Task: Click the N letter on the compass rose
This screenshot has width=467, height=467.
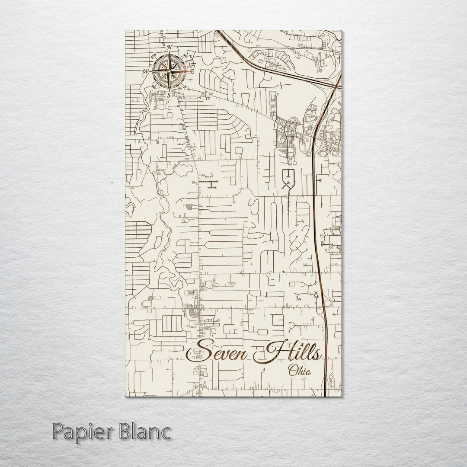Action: (x=170, y=47)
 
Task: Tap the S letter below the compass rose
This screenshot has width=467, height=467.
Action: (x=169, y=94)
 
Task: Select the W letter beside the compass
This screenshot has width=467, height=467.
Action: (x=146, y=72)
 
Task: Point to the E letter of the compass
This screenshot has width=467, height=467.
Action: (x=193, y=71)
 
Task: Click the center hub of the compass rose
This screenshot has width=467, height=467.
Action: (x=170, y=71)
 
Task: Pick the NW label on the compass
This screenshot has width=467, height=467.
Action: (x=153, y=55)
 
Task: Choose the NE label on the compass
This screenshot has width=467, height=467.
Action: (x=186, y=55)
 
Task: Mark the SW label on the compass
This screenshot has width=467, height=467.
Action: (x=153, y=86)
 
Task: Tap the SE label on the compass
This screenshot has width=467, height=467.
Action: (x=185, y=87)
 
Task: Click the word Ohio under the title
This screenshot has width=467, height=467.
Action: (x=299, y=370)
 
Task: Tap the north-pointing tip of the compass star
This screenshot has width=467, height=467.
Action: (x=170, y=53)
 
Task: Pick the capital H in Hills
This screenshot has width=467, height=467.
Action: (x=273, y=351)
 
